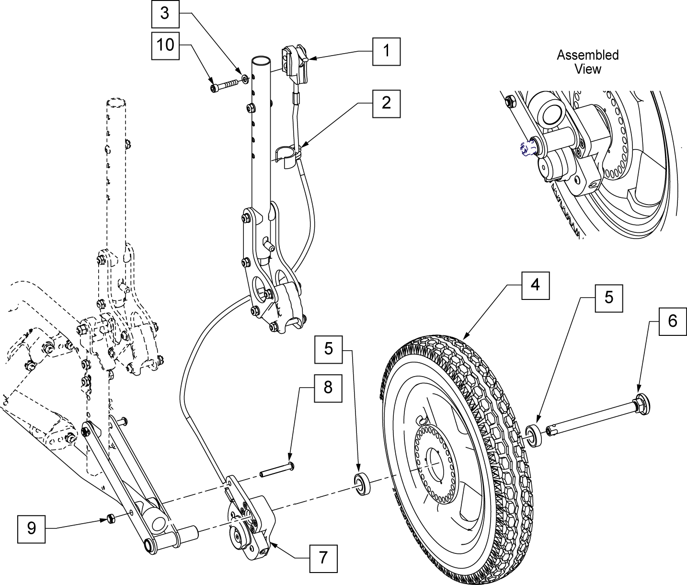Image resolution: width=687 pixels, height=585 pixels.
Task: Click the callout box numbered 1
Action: click(x=386, y=52)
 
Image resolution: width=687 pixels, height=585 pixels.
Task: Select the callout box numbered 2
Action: click(x=386, y=103)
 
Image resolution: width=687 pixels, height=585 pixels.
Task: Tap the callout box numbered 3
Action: click(x=165, y=14)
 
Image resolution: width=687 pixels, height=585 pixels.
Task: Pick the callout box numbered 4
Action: click(x=535, y=286)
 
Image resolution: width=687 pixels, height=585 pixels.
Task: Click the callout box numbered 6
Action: click(x=672, y=321)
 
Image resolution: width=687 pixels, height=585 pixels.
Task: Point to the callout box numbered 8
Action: click(x=328, y=389)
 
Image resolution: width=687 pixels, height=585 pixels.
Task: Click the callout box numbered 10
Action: click(x=165, y=46)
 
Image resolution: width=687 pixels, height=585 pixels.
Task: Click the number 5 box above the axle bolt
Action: click(x=608, y=298)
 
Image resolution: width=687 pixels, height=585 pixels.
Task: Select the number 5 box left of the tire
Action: click(x=328, y=349)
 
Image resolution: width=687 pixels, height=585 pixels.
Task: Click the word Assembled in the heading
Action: click(x=588, y=55)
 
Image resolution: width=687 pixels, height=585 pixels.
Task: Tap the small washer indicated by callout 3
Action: click(x=245, y=80)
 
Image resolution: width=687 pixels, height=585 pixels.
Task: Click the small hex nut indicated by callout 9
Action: click(x=111, y=518)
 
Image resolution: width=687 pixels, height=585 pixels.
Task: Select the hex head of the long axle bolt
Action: click(x=642, y=404)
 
